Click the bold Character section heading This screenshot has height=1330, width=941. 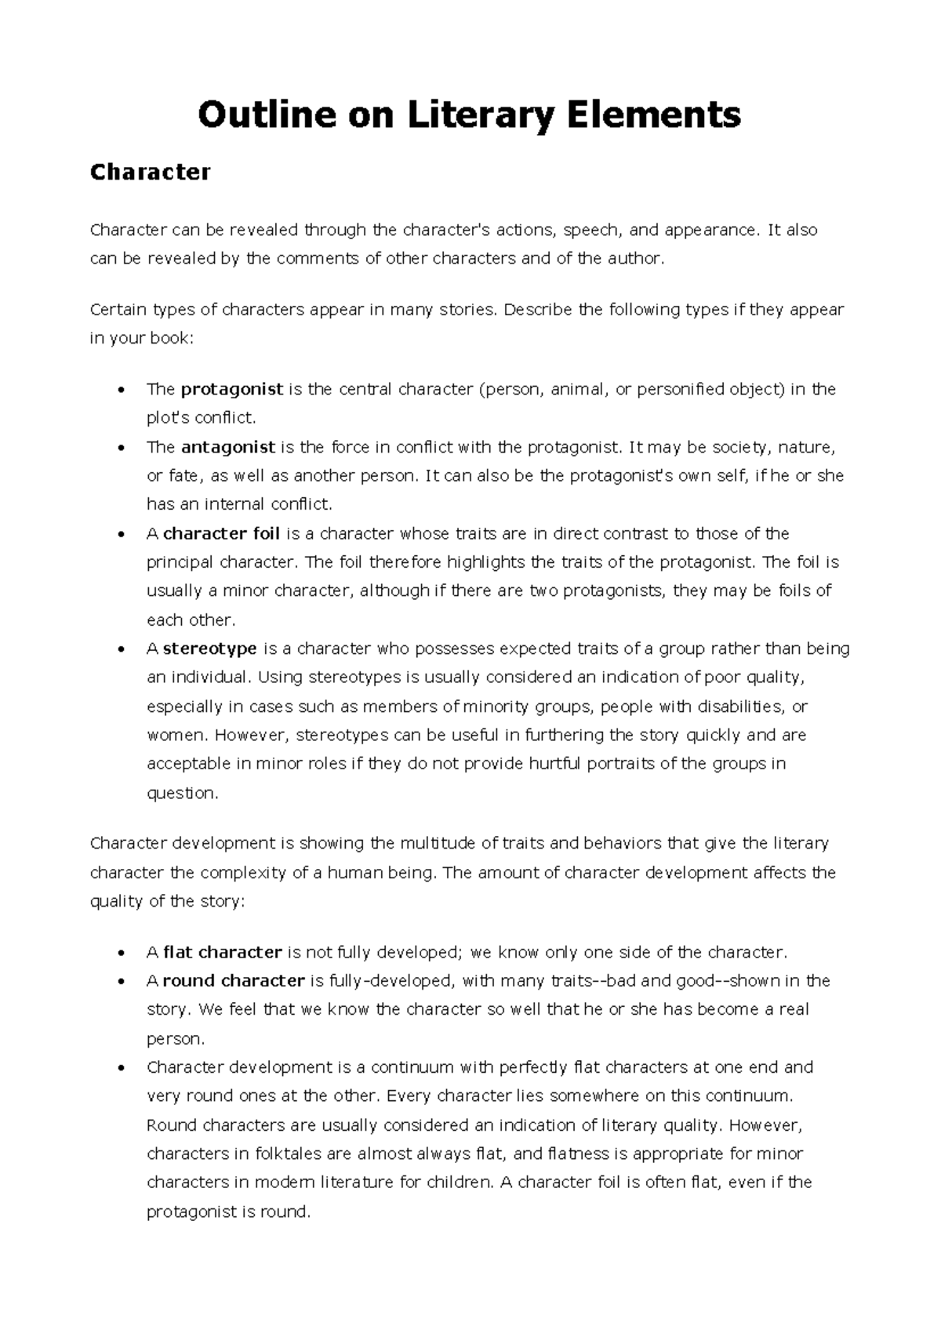pos(150,172)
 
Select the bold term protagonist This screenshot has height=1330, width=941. pos(231,389)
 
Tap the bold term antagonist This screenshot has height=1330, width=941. pos(227,447)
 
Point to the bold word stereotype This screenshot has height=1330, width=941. pos(209,649)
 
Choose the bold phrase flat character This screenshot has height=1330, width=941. pos(222,952)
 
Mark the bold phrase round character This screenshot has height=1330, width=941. pos(233,980)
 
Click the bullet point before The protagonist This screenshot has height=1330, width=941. pos(120,390)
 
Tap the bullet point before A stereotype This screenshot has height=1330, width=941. pos(120,649)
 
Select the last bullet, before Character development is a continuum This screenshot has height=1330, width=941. pos(120,1068)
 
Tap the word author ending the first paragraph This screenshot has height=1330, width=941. pos(634,259)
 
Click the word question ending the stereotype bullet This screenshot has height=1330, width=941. pos(181,793)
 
